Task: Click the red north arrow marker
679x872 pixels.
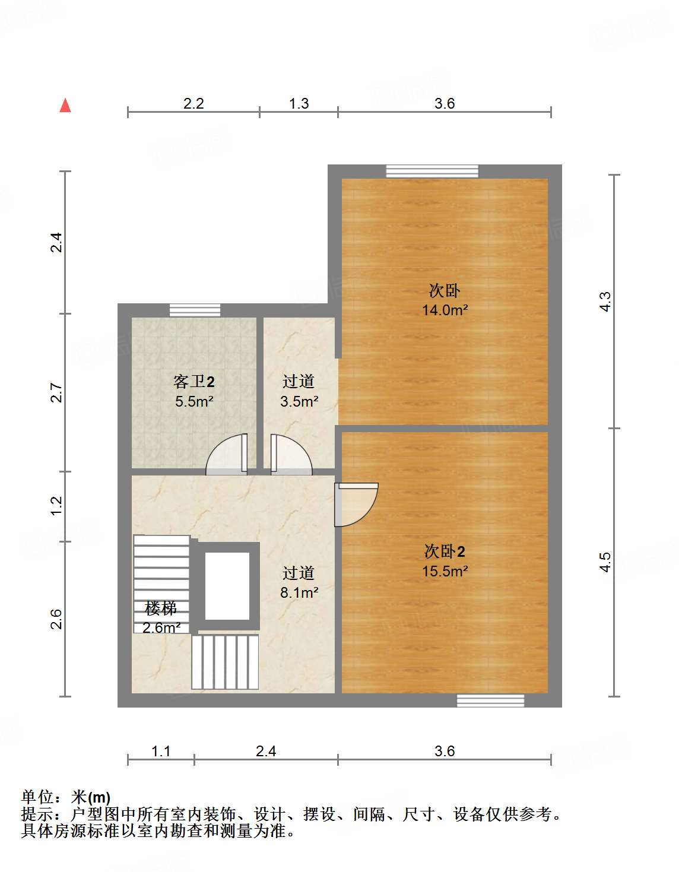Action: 65,106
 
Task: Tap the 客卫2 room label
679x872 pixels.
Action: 193,381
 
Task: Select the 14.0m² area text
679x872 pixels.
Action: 445,310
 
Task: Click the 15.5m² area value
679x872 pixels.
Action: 445,571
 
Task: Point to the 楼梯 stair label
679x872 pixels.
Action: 160,608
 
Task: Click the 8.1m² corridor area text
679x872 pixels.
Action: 299,592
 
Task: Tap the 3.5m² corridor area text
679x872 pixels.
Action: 299,401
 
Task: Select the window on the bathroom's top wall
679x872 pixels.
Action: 195,310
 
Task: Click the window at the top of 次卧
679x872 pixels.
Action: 432,171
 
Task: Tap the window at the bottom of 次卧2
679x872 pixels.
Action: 490,700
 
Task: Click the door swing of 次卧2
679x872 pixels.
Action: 356,504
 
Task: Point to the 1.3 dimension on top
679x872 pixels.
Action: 299,104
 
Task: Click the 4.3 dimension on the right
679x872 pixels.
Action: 605,302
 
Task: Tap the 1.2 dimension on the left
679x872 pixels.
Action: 56,506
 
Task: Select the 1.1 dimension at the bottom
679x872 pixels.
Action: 161,751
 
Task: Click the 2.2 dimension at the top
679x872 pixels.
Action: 193,104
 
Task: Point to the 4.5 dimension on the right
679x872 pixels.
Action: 605,562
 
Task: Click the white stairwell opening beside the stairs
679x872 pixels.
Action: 227,586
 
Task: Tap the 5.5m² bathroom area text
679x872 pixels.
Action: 194,401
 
